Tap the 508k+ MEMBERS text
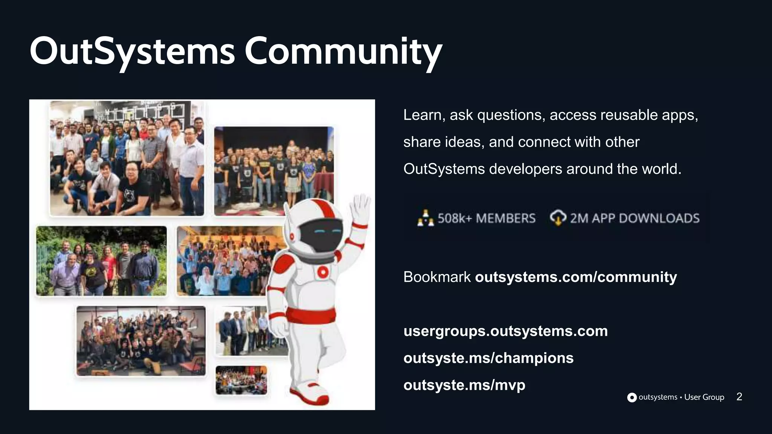click(x=486, y=218)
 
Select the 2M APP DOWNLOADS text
click(x=634, y=218)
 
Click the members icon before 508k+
click(x=426, y=218)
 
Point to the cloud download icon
click(x=558, y=218)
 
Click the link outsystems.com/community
click(x=576, y=277)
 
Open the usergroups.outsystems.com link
click(x=505, y=331)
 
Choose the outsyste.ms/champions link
click(x=488, y=358)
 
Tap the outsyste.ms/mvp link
click(x=464, y=385)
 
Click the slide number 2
click(x=739, y=397)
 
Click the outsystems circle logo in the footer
click(x=632, y=397)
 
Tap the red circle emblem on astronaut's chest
click(x=323, y=272)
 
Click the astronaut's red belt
click(x=311, y=315)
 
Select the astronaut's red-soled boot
click(x=309, y=394)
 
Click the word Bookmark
click(x=437, y=277)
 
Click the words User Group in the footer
click(x=704, y=397)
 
